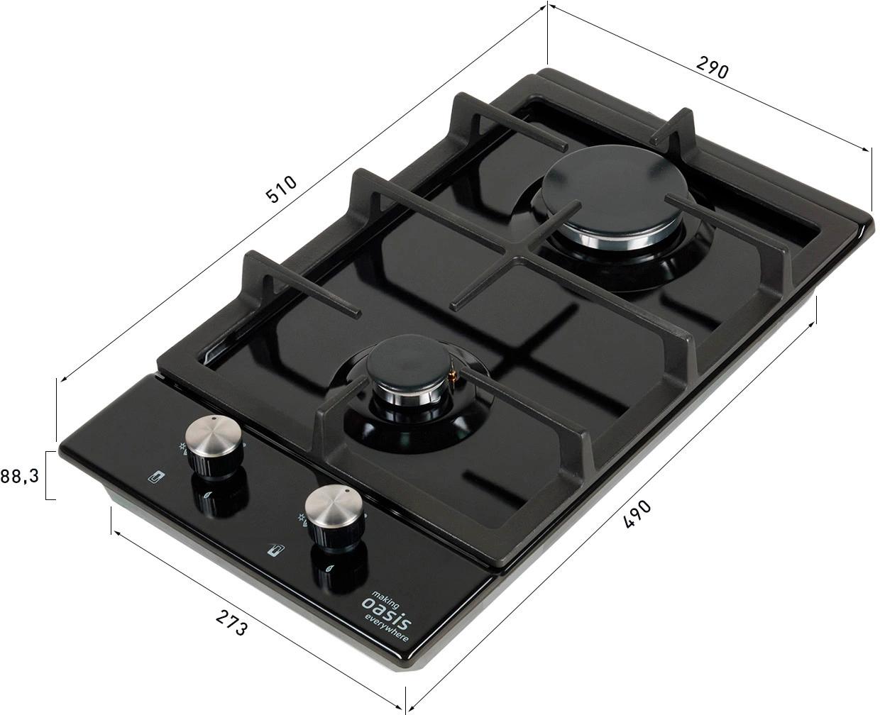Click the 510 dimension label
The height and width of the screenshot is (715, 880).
[281, 189]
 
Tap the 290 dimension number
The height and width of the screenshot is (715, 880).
[712, 67]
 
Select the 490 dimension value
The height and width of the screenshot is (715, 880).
[637, 514]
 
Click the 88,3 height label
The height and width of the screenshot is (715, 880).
[19, 476]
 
